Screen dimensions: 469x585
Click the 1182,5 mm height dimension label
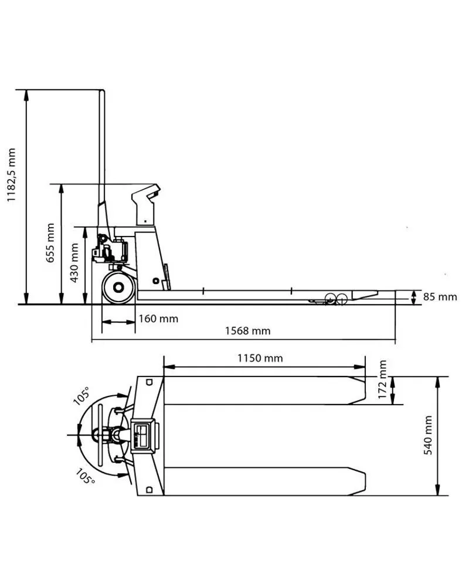(x=12, y=175)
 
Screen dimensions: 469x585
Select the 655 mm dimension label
(x=50, y=243)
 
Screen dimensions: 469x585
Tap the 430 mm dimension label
(x=74, y=263)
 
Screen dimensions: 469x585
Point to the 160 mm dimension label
(x=159, y=319)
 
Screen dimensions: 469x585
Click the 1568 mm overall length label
(x=247, y=331)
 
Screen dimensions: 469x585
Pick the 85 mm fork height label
(x=440, y=297)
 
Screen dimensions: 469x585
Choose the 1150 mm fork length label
(x=260, y=358)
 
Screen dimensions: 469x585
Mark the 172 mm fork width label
(x=382, y=379)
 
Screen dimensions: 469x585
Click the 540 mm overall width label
(x=428, y=435)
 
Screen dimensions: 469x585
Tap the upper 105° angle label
(x=81, y=395)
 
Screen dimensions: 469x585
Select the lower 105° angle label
(x=86, y=477)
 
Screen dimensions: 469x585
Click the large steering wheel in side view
(x=118, y=288)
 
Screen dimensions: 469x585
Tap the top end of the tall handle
(x=102, y=91)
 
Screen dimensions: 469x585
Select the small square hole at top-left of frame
(x=149, y=382)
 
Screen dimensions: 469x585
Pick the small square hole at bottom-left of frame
(x=149, y=490)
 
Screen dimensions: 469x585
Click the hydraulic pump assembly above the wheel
(x=111, y=249)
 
